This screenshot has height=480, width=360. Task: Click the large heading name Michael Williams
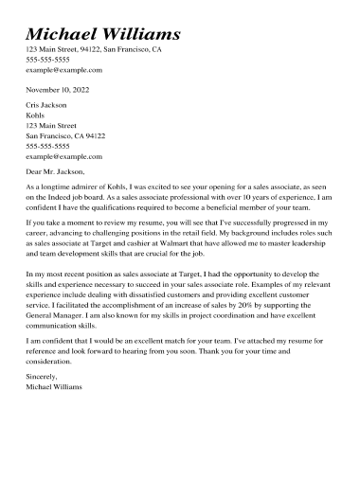[x=103, y=34]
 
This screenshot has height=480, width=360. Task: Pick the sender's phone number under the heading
[x=47, y=60]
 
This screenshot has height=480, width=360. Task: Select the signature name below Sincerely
[x=54, y=386]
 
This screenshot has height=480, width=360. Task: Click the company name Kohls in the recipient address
[x=35, y=115]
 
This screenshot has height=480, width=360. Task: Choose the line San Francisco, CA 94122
[x=65, y=135]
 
